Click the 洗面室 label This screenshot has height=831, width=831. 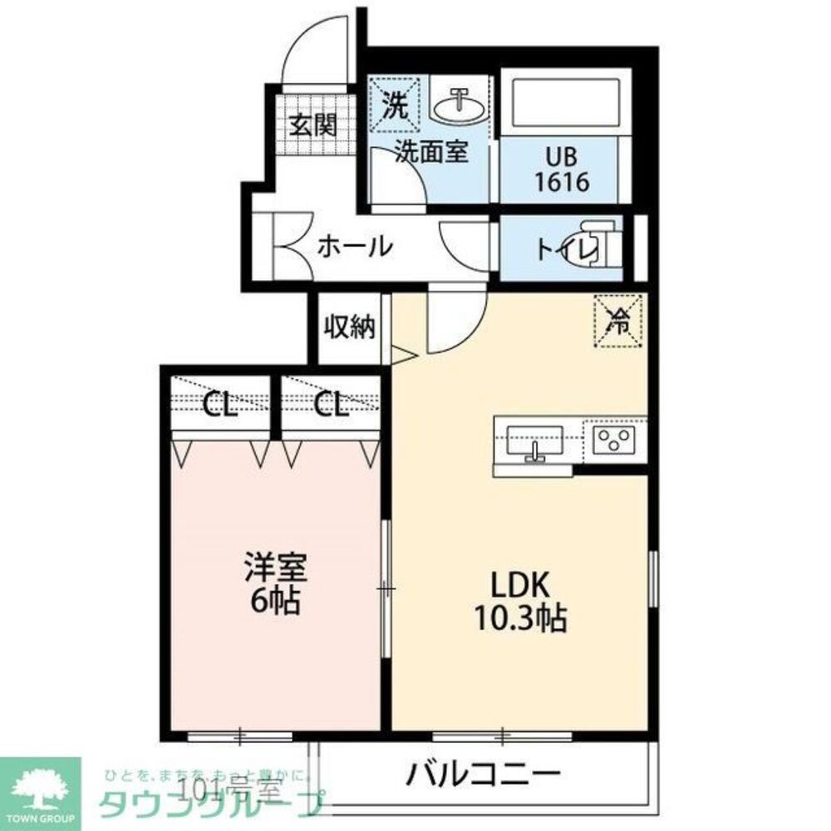(431, 152)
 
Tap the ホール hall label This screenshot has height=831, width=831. (355, 246)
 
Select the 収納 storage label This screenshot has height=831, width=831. (349, 327)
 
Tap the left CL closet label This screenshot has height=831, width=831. (221, 406)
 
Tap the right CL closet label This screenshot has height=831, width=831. (331, 406)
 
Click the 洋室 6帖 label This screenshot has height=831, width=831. (276, 585)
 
